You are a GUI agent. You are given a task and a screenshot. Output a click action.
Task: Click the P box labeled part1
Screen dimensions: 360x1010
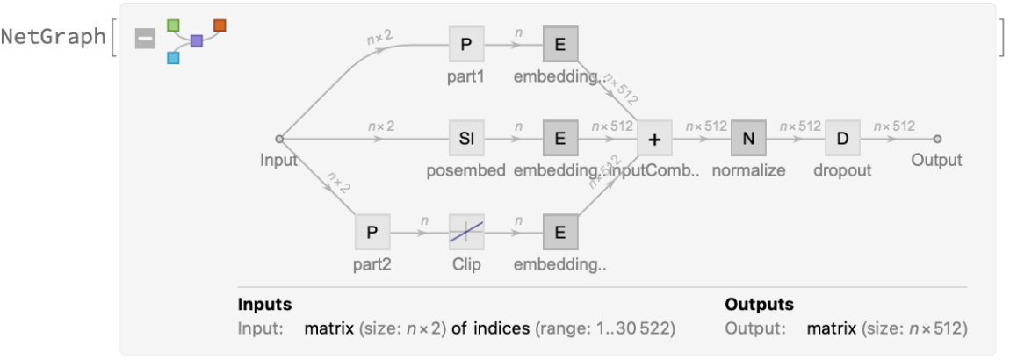tap(465, 43)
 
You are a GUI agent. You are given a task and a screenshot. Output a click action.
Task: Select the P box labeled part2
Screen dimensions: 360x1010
tap(372, 233)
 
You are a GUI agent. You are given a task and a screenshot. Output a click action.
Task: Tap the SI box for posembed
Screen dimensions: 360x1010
tap(465, 139)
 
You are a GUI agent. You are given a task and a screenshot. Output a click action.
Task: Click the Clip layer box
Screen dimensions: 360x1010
tap(465, 233)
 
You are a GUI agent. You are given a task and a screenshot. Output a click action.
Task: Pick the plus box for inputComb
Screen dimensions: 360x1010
tap(654, 139)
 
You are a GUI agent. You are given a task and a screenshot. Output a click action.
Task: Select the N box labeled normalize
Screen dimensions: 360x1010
tap(748, 139)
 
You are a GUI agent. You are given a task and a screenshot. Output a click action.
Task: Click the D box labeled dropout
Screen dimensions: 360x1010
tap(842, 139)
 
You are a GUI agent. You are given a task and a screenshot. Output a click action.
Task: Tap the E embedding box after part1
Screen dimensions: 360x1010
tap(560, 43)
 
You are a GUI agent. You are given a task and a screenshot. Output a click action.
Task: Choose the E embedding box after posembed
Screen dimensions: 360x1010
tap(560, 139)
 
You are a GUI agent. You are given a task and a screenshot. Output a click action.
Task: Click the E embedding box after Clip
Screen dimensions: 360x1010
tap(560, 233)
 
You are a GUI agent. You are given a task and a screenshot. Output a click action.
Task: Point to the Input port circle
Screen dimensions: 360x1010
tap(278, 139)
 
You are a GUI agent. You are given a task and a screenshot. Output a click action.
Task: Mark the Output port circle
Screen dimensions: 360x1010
tap(937, 139)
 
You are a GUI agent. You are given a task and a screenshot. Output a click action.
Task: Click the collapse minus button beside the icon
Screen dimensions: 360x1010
tap(145, 39)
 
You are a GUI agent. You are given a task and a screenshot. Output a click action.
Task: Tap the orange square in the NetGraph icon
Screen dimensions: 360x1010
tap(220, 25)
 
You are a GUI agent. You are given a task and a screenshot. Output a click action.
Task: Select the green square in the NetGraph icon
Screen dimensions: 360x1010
tap(174, 24)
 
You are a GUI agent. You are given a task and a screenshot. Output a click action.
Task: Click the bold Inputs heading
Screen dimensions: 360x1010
tap(264, 305)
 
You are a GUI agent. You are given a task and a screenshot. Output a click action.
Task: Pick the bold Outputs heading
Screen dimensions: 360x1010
tap(759, 305)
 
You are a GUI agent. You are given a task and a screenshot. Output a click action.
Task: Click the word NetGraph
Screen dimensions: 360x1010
tap(53, 37)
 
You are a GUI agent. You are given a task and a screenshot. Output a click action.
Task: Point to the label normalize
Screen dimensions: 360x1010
tap(748, 170)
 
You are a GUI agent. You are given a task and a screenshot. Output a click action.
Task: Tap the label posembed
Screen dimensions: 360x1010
tap(465, 170)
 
